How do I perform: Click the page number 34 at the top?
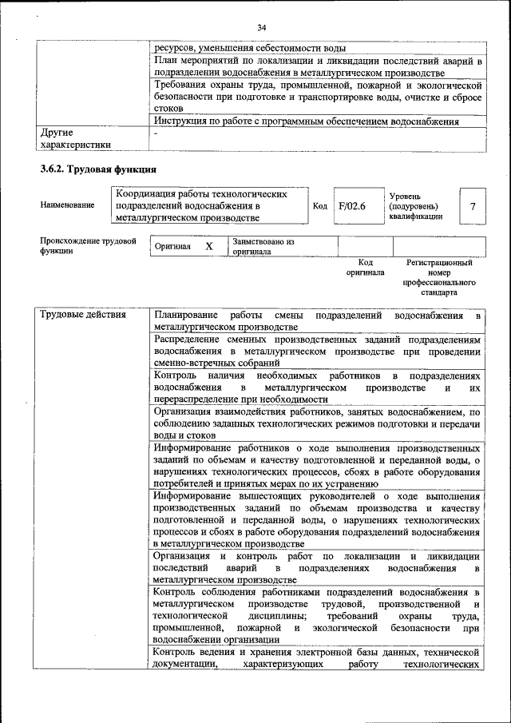261,29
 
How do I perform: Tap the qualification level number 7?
473,207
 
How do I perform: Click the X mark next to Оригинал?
209,247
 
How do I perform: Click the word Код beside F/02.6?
319,206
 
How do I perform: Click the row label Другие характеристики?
75,138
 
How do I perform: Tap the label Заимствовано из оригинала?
263,246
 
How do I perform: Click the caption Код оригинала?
365,267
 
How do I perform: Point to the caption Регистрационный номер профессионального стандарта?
438,276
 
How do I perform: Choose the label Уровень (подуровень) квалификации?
415,206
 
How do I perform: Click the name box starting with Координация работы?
211,205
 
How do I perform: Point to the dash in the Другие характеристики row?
156,133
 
